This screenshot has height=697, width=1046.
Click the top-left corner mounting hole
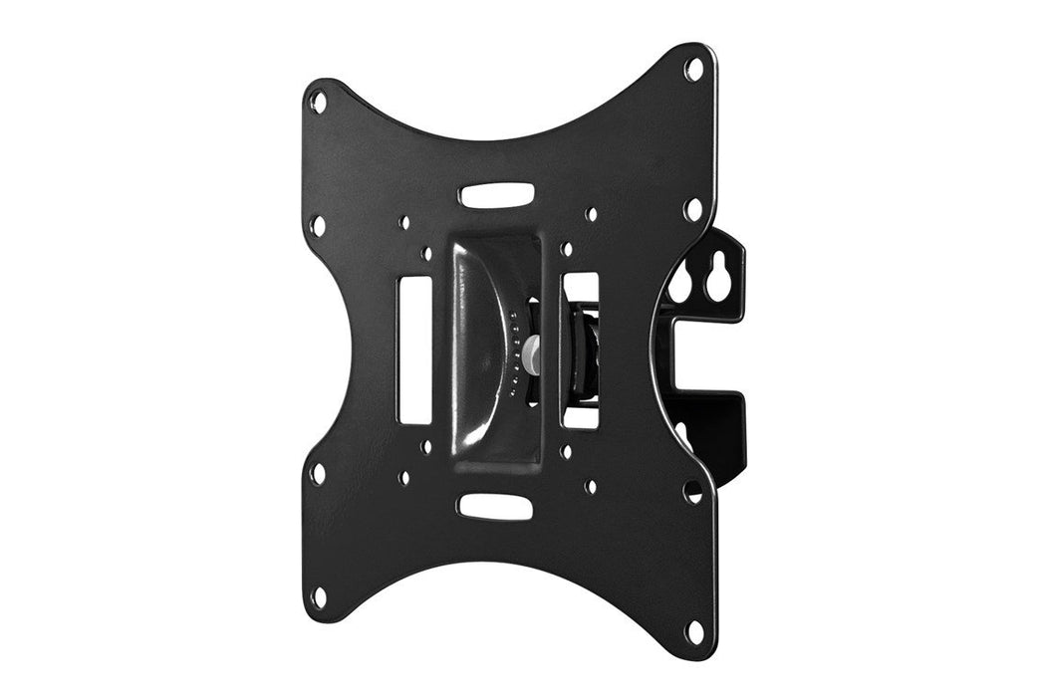pos(318,101)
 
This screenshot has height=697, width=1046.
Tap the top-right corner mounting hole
pos(693,69)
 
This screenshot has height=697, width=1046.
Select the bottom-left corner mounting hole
pos(318,597)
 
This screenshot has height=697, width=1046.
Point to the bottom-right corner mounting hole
pos(695,629)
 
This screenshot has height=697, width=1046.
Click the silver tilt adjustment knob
pos(534,352)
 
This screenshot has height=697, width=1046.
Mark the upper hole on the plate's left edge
pos(318,226)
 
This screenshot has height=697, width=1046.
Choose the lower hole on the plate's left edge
pos(318,472)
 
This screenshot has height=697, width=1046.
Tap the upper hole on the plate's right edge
pos(693,209)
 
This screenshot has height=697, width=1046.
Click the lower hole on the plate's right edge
pos(692,490)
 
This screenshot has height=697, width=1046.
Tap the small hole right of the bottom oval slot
pos(591,487)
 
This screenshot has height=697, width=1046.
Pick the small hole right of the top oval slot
pos(591,214)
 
